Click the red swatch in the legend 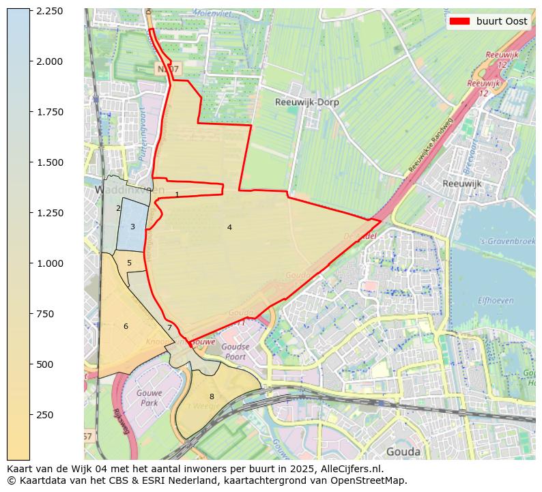pos(460,21)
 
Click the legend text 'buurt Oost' pos(502,21)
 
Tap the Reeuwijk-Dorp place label pos(306,102)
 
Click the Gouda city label pos(403,451)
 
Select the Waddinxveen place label pos(121,190)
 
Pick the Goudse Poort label pos(235,351)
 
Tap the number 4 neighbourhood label pos(229,227)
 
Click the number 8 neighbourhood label pos(212,396)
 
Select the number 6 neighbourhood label pos(126,326)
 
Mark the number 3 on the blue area pos(132,227)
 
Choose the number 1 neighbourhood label pos(177,194)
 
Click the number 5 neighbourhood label pos(129,263)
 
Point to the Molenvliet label pos(212,13)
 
